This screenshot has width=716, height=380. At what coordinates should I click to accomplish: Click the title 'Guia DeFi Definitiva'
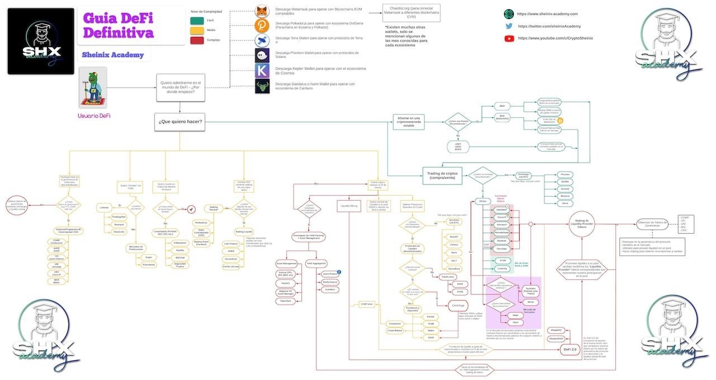118,26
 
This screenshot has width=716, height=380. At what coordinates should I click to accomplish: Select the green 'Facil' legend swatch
196,20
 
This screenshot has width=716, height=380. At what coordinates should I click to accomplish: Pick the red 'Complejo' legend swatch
196,40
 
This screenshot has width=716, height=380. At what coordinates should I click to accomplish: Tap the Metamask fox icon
262,11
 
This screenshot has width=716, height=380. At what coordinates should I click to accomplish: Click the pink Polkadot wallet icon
262,26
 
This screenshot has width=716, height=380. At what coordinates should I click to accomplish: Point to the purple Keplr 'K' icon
262,71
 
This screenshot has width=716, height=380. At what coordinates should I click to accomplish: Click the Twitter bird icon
509,26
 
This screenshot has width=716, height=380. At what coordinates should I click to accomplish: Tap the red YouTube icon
509,39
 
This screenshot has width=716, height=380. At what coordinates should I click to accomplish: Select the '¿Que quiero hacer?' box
181,122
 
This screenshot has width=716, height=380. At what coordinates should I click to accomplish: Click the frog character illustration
92,88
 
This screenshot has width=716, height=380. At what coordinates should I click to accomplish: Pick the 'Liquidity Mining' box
348,206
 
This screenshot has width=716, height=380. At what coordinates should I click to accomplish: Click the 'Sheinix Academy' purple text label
112,55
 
